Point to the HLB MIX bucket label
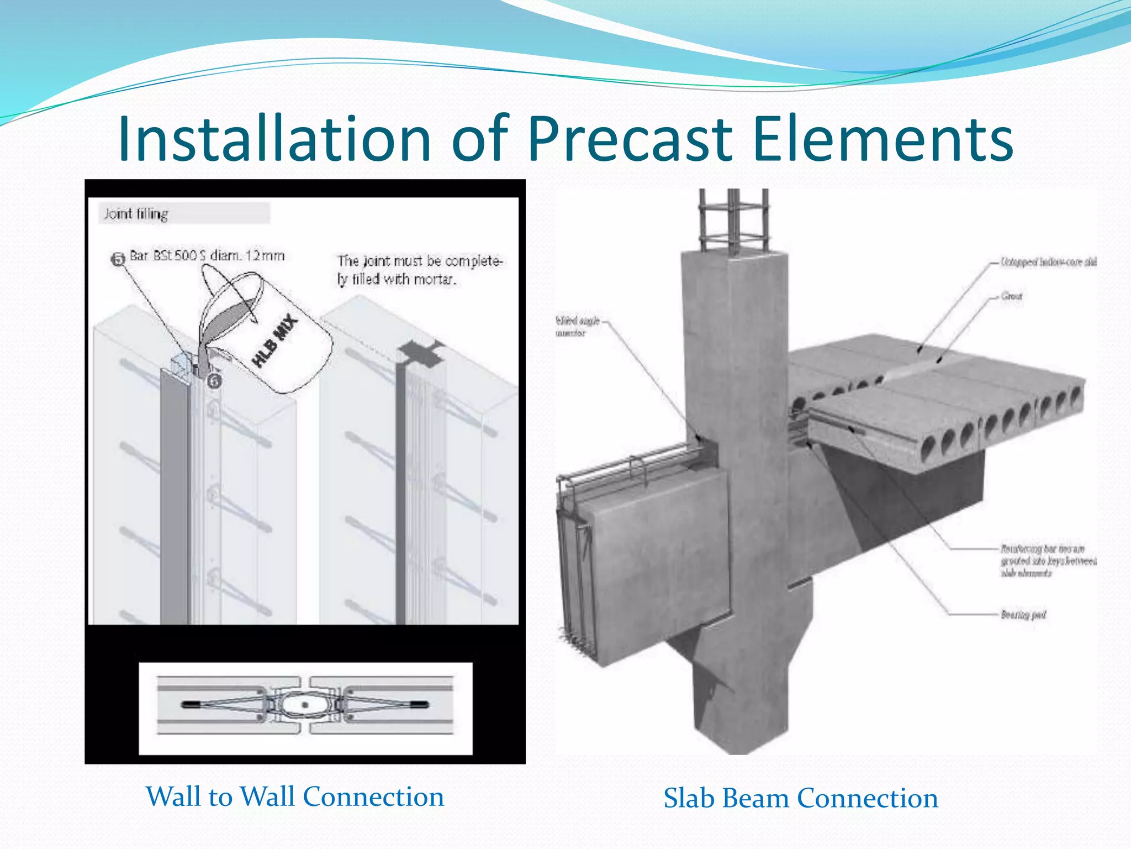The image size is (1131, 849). (275, 341)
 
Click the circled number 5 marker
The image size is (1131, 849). (118, 259)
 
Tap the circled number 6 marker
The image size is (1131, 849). (214, 381)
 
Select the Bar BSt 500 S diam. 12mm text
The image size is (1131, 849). (207, 256)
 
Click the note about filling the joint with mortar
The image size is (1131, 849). (420, 270)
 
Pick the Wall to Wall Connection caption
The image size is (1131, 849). (295, 796)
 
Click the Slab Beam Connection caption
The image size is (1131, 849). (801, 798)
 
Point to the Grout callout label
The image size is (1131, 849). (1012, 296)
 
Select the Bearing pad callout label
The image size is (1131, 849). (1023, 614)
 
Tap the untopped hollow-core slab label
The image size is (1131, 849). (1048, 262)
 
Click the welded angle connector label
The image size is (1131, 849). (577, 327)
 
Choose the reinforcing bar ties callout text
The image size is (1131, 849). (1048, 560)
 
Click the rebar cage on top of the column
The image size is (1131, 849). (733, 221)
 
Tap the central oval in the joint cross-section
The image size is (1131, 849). (304, 705)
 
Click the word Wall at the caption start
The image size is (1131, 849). (174, 796)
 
